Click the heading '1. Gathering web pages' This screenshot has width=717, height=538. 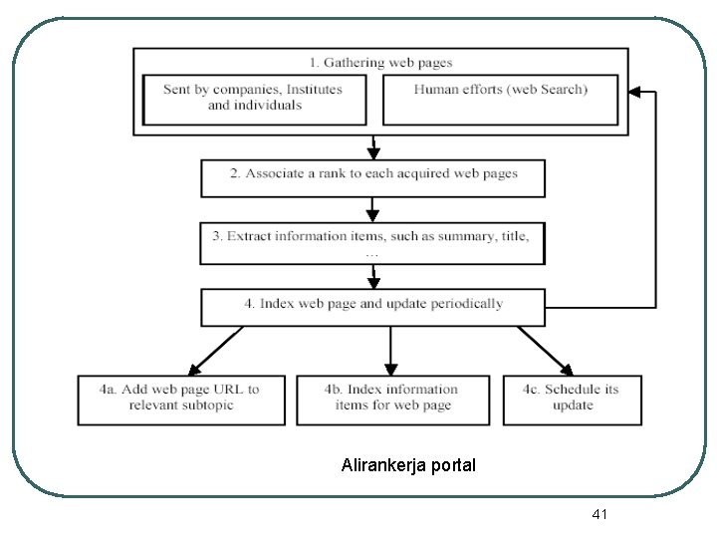click(x=380, y=62)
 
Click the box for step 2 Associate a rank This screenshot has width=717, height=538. click(x=373, y=177)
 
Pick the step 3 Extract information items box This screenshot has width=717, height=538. click(x=373, y=242)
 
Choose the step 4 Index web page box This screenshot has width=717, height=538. click(x=373, y=307)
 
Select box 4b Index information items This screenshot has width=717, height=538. click(x=392, y=399)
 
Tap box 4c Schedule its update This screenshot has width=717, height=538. click(x=572, y=399)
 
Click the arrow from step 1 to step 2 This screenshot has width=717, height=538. click(x=372, y=147)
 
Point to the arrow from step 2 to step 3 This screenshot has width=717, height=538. click(x=372, y=209)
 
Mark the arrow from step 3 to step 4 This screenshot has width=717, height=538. click(x=372, y=276)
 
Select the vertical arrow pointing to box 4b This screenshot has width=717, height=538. click(x=392, y=350)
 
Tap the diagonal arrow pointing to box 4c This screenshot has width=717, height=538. click(x=545, y=350)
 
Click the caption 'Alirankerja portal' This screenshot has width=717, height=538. click(x=408, y=465)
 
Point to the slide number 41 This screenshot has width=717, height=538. click(x=599, y=514)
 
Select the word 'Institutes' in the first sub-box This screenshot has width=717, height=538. click(x=311, y=90)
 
